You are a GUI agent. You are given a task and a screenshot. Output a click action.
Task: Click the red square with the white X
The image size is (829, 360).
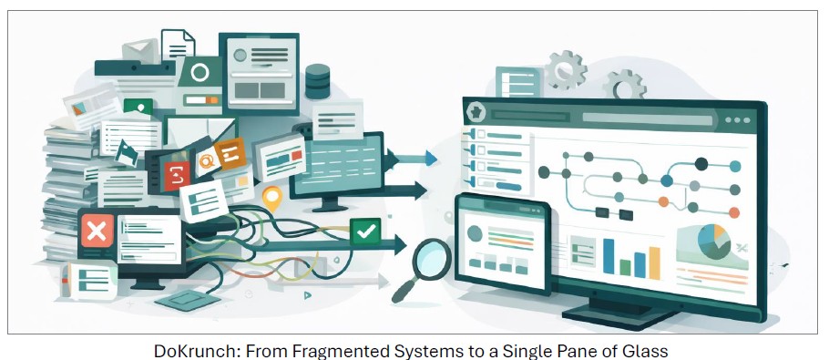tap(96, 231)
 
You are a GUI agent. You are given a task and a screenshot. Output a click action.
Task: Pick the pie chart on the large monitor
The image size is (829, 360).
tap(716, 240)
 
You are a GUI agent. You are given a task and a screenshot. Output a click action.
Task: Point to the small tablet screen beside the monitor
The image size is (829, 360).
tap(502, 243)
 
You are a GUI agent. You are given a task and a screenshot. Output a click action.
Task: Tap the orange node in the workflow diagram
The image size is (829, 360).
tap(664, 202)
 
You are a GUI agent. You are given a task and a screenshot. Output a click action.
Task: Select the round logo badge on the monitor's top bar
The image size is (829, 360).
tap(476, 113)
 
